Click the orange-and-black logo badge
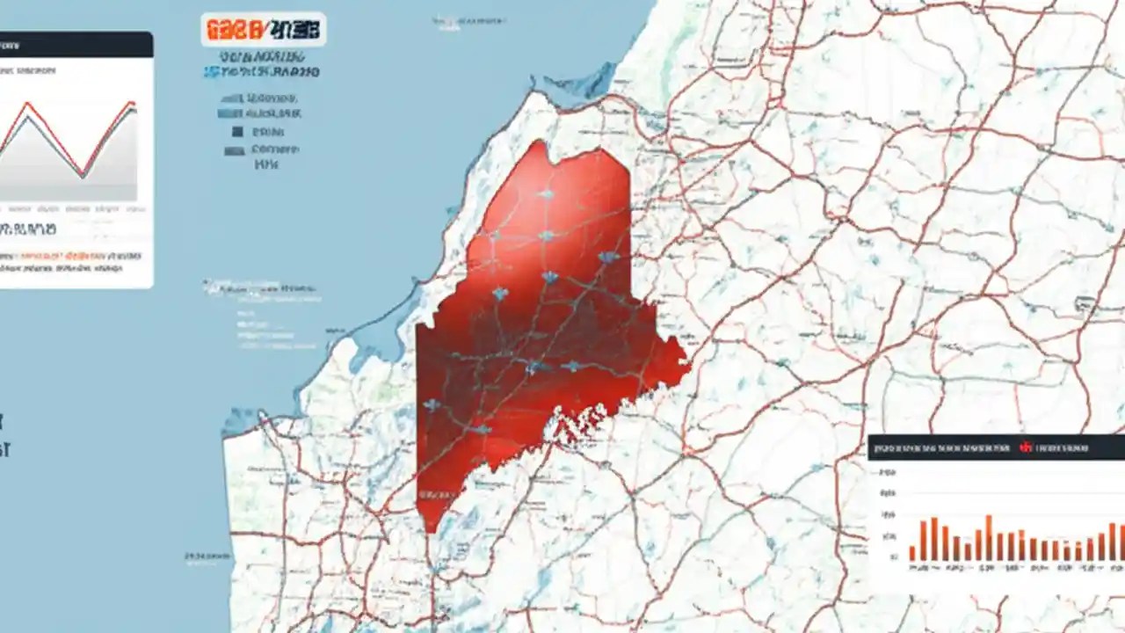coord(263,29)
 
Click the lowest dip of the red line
coord(82,173)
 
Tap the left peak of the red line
coord(27,104)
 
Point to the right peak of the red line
coord(133,103)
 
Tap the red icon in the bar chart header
coord(1025,447)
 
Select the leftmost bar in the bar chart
coord(912,553)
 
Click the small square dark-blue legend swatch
coord(236,132)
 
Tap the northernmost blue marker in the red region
coord(546,193)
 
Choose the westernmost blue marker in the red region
coord(431,405)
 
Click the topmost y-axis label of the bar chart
coord(888,472)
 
